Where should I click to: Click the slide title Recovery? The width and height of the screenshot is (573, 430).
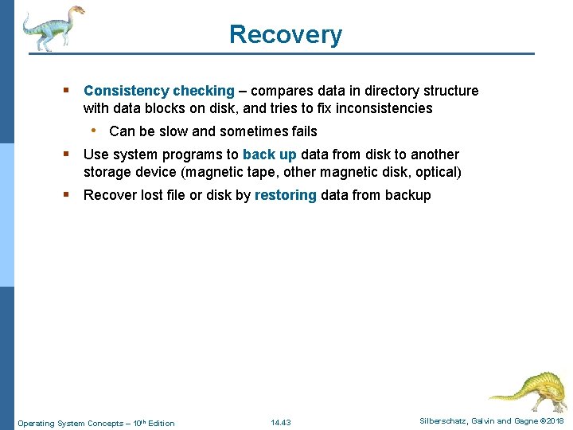[x=286, y=34]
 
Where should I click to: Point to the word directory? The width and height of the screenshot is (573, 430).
[x=388, y=91]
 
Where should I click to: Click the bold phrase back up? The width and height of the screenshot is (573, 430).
[x=269, y=154]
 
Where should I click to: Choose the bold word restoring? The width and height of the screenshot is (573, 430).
[x=285, y=195]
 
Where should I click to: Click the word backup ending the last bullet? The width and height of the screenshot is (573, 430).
[x=407, y=195]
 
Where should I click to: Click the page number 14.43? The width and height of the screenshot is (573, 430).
[x=281, y=423]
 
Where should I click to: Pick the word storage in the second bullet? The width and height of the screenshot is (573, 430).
[x=107, y=172]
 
